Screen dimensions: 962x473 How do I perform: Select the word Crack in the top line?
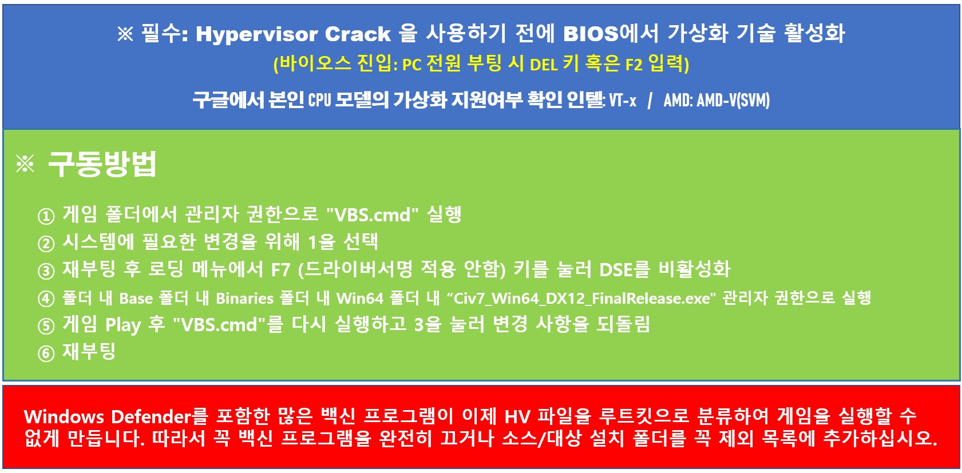357,34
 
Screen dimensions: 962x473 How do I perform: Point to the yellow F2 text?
634,65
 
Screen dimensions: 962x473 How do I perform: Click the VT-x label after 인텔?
622,101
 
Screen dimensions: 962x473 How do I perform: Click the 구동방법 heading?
102,164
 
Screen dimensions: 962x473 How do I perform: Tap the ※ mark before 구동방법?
25,164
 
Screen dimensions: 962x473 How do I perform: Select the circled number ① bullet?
46,216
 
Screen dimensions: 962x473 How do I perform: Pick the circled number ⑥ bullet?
46,353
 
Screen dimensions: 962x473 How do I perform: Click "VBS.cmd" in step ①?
373,214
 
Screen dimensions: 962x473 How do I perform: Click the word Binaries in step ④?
244,298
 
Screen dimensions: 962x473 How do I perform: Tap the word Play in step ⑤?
123,325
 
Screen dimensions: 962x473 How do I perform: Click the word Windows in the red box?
64,416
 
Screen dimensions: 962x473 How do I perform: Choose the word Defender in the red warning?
151,416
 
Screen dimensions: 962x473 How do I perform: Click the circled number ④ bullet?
46,299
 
